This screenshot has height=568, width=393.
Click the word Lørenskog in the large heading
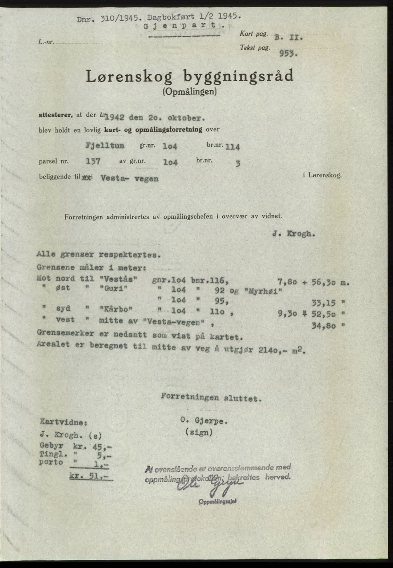(x=129, y=77)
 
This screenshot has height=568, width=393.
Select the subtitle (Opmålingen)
(x=190, y=92)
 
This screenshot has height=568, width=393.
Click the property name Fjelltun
(x=105, y=145)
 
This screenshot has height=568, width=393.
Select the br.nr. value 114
(x=232, y=147)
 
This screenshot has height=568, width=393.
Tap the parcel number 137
(x=93, y=161)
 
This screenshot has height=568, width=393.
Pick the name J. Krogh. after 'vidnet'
(x=294, y=234)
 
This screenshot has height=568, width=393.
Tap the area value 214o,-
(x=273, y=350)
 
